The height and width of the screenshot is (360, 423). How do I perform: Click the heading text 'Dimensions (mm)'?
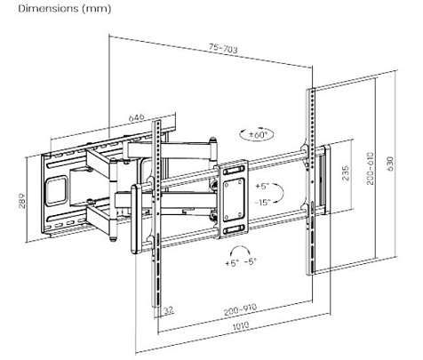[52, 9]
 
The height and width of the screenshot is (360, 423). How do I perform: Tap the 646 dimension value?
[135, 116]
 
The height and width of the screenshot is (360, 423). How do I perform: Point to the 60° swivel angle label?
[259, 135]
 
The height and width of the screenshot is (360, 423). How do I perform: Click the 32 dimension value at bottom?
[169, 311]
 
